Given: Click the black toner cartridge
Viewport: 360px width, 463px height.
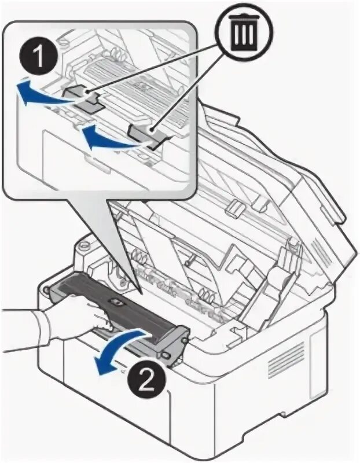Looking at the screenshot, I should pyautogui.click(x=116, y=304).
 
